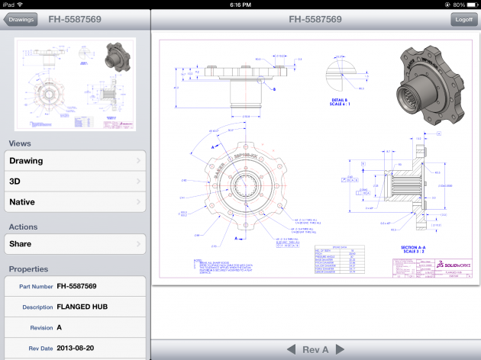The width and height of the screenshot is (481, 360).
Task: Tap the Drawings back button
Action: [x=21, y=20]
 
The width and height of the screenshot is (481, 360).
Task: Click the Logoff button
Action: [x=462, y=20]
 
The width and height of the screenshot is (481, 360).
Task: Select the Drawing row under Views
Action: [x=75, y=161]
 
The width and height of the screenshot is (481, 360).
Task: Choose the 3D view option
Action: [x=75, y=182]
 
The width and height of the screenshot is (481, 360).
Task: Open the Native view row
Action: [x=75, y=202]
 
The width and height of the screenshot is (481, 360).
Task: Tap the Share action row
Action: [x=75, y=244]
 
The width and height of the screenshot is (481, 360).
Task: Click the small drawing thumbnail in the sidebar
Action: [x=75, y=85]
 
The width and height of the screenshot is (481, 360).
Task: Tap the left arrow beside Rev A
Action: [x=290, y=349]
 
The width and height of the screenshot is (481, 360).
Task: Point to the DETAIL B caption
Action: [x=340, y=101]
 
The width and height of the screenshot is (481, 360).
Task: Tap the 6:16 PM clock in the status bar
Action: [x=240, y=5]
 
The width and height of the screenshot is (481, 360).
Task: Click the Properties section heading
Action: [x=28, y=269]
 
